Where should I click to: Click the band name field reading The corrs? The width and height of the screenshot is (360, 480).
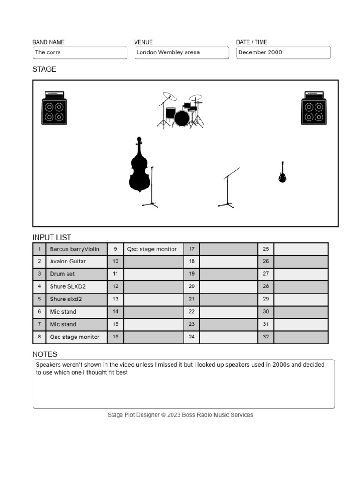point(80,52)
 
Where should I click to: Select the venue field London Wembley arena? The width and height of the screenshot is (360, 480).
point(181,52)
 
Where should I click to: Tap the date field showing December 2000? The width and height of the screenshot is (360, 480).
point(283,52)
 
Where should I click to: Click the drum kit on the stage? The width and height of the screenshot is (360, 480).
point(180,111)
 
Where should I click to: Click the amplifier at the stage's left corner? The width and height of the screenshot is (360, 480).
point(54,108)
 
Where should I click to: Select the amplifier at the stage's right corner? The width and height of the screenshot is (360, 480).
point(314,108)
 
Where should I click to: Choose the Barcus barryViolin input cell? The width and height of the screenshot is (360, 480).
point(76,249)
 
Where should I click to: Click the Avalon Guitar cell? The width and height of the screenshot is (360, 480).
point(76,262)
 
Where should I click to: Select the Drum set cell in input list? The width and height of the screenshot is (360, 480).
point(76,274)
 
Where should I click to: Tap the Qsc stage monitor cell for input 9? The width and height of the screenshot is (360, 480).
point(153,249)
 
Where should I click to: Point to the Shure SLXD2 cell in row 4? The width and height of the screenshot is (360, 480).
point(76,286)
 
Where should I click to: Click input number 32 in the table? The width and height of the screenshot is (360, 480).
point(266,337)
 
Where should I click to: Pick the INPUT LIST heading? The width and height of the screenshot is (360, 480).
point(52,237)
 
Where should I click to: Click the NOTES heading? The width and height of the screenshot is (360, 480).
point(45,354)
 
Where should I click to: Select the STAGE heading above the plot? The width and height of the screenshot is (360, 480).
point(44,69)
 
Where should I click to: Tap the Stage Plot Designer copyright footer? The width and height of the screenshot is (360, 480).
point(180,415)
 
